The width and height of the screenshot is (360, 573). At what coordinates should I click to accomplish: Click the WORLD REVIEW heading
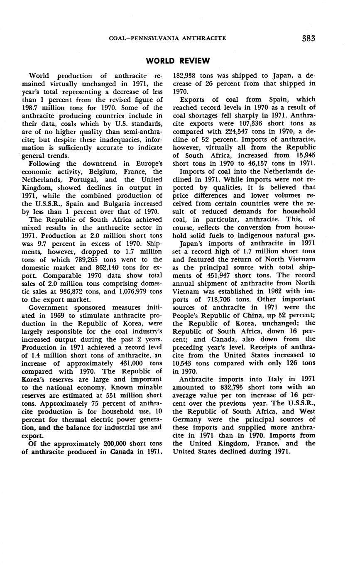coord(178,61)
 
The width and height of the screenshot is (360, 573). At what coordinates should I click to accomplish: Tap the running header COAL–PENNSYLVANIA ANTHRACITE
coord(167,38)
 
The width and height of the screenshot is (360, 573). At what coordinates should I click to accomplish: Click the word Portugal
coord(84,180)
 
